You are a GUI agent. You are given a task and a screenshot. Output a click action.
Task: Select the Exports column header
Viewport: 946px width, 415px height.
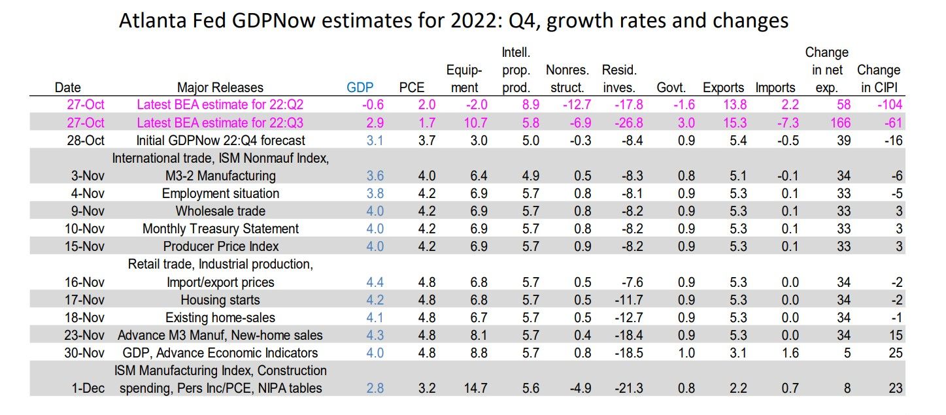coord(723,88)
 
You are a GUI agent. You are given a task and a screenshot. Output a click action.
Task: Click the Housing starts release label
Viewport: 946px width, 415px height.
coord(220,300)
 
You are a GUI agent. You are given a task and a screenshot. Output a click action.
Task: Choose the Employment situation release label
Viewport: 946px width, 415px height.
coord(220,193)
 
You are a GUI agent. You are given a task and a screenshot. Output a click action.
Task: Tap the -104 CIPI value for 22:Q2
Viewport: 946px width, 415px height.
coord(890,105)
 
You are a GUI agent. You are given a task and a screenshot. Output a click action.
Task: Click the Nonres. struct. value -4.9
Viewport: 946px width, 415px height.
coord(577,388)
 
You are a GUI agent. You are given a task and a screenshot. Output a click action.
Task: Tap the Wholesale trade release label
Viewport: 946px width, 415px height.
coord(220,211)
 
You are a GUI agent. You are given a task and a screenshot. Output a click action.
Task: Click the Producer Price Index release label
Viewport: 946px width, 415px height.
coord(220,246)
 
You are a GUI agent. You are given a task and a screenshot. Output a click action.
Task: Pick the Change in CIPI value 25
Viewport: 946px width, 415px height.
coord(895,353)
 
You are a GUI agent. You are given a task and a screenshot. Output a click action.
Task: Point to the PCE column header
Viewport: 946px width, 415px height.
coord(413,88)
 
